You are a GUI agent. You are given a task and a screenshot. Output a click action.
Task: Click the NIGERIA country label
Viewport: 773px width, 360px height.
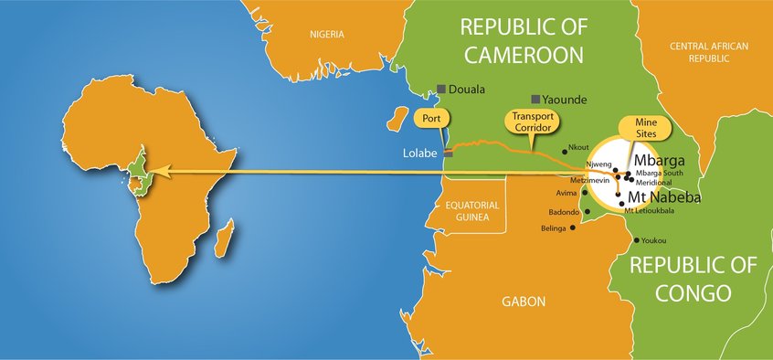coord(326,35)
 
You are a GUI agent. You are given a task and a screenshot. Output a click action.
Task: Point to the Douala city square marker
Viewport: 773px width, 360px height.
coord(440,90)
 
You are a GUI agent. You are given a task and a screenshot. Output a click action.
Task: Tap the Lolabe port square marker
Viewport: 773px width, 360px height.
coord(448,154)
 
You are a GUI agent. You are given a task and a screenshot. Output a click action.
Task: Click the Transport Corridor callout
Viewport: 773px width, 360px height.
coord(530,122)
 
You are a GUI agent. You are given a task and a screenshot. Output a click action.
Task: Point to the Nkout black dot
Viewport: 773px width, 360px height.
coord(565,153)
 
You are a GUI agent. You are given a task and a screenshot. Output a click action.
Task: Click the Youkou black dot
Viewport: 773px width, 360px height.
coord(636,240)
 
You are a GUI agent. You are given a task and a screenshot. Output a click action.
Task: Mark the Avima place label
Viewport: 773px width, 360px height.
coord(567,193)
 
